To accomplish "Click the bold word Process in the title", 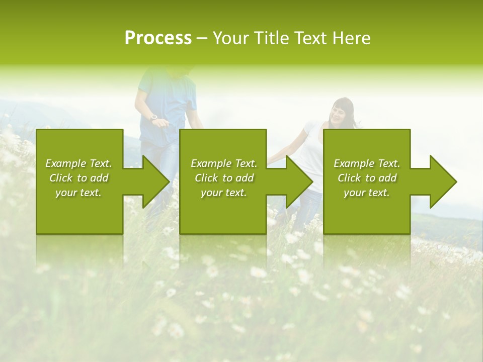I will (158, 38).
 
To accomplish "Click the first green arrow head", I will (155, 182).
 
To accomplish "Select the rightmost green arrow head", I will (443, 182).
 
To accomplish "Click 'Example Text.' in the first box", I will (78, 163).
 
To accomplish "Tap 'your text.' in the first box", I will (78, 193).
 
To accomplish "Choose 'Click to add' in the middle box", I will (224, 178).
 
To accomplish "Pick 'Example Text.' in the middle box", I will (224, 163).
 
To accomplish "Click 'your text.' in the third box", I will (367, 193).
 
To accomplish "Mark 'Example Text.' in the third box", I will (367, 163).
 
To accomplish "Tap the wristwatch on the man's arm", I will (154, 118).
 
